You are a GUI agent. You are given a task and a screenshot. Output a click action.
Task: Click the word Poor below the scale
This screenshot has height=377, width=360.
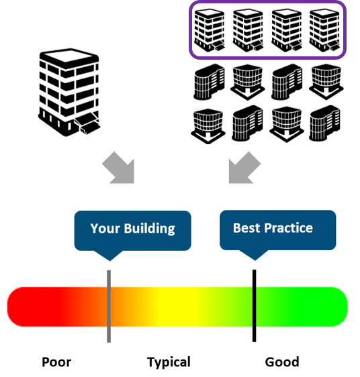[x=56, y=362]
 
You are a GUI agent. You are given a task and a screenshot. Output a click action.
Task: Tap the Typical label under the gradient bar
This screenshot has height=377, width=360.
[x=169, y=362]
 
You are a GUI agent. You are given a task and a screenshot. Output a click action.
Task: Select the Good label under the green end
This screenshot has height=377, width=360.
[x=282, y=362]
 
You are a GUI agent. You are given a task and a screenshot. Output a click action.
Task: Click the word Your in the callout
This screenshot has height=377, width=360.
[x=105, y=228]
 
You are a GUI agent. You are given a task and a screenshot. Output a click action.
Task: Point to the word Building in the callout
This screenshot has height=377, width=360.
[x=150, y=229]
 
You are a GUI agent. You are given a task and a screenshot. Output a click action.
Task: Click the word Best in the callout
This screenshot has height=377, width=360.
[x=246, y=228]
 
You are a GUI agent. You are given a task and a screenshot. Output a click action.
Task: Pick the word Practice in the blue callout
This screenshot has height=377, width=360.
[x=289, y=228]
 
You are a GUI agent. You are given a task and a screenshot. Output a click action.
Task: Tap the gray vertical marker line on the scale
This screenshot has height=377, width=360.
[x=109, y=306]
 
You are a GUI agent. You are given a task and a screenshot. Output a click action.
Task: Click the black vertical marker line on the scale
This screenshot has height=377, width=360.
[x=255, y=306]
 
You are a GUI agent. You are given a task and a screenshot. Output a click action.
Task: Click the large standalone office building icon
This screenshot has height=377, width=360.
[x=69, y=93]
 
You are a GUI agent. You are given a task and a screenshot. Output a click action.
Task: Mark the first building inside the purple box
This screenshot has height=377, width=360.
[x=210, y=30]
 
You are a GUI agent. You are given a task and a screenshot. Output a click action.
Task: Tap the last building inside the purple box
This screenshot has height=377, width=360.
[x=324, y=30]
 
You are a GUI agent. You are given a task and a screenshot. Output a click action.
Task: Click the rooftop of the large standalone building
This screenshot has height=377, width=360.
[x=69, y=57]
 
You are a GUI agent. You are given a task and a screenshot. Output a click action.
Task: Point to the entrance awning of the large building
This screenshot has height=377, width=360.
[x=87, y=122]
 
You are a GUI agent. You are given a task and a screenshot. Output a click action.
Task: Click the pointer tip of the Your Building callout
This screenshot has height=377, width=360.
[x=109, y=261]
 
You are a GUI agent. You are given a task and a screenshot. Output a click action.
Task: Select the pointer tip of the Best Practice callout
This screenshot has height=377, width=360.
[x=255, y=260]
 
